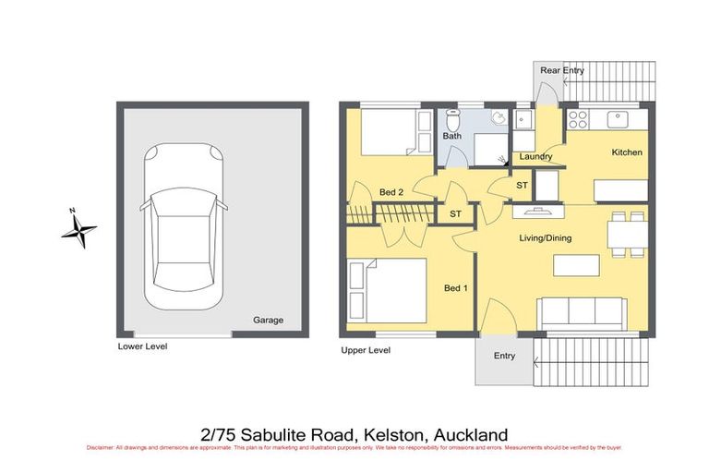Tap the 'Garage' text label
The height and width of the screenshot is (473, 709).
point(268,321)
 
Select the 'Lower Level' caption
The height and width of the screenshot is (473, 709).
point(142,347)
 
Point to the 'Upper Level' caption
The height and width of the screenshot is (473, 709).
point(366,350)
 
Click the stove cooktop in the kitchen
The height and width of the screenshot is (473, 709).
point(579,119)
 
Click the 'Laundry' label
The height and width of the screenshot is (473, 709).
point(535,157)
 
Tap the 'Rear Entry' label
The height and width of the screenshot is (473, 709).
point(562,70)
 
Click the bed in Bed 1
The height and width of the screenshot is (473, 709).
point(388,290)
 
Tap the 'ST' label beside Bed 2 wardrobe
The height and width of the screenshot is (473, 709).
point(454,214)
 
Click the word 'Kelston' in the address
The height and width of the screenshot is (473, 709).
point(398,434)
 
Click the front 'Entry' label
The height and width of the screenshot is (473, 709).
point(504,356)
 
